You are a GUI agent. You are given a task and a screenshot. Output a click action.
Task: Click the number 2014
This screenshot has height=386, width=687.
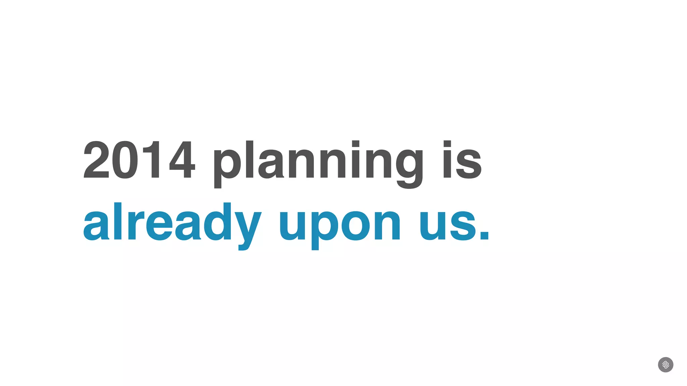pyautogui.click(x=139, y=160)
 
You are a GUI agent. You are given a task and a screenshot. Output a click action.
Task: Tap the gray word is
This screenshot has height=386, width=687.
pyautogui.click(x=462, y=160)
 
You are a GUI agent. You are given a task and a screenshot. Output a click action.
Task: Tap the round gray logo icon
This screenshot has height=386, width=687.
pyautogui.click(x=666, y=365)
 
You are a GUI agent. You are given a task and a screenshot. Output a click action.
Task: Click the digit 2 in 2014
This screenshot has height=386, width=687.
pyautogui.click(x=97, y=160)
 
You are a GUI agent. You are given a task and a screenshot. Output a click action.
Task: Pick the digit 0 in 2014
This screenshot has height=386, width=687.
pyautogui.click(x=125, y=160)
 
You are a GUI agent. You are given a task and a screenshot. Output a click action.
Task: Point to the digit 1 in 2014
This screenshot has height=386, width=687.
pyautogui.click(x=153, y=160)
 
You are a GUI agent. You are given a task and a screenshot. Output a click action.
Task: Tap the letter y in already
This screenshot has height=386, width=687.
pyautogui.click(x=248, y=228)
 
